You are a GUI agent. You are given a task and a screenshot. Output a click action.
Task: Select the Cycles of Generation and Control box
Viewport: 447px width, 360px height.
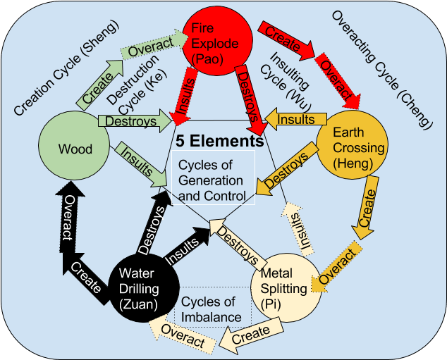[x=215, y=178]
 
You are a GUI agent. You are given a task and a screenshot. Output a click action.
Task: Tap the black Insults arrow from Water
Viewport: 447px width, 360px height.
[x=185, y=244]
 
